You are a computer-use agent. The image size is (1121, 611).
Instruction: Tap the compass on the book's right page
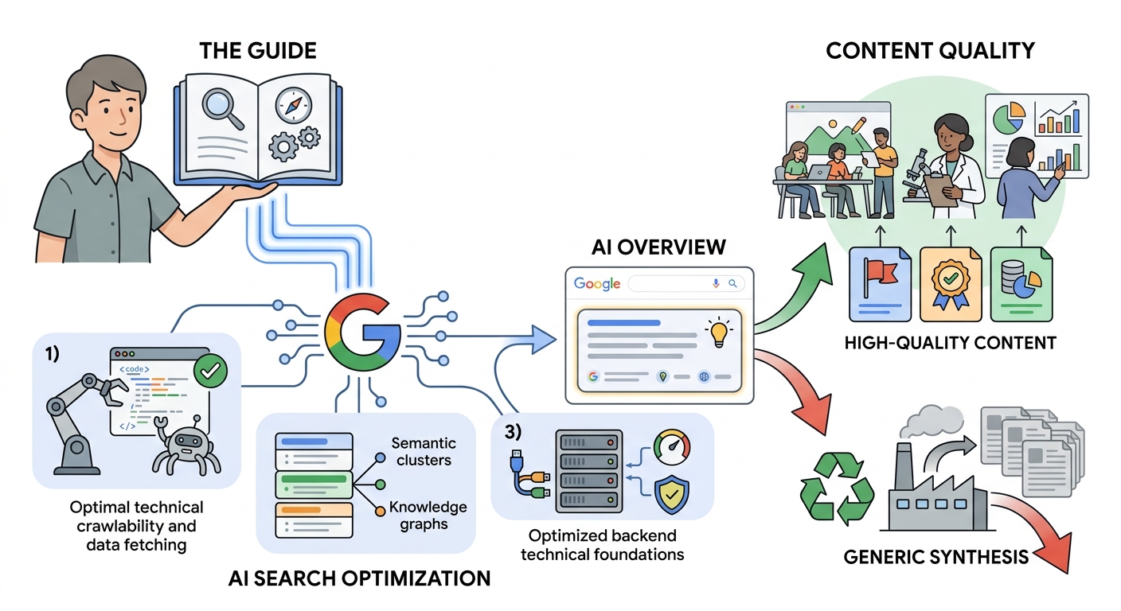[294, 106]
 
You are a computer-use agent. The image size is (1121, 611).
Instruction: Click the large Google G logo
[362, 332]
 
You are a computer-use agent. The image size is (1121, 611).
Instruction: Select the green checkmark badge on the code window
[210, 371]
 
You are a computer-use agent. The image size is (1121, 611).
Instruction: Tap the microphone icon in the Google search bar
[716, 283]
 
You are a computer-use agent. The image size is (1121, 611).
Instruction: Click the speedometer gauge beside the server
[672, 447]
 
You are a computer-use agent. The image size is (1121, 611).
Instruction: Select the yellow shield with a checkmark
[672, 494]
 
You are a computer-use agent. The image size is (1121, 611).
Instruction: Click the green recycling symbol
[836, 488]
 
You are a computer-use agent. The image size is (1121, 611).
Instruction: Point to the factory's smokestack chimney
[904, 468]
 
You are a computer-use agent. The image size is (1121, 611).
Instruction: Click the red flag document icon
[880, 285]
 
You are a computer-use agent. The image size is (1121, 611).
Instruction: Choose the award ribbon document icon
[951, 285]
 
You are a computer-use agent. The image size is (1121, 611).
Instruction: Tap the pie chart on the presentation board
[1009, 118]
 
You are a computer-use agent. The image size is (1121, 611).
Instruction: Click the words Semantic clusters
[424, 452]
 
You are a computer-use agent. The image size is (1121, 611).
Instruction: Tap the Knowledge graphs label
[428, 516]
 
